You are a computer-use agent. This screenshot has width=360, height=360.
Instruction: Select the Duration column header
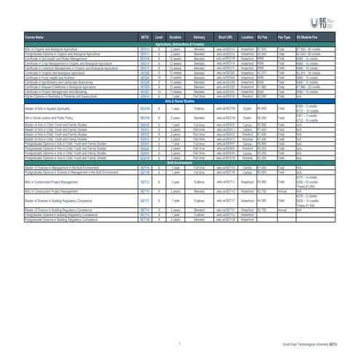point(175,36)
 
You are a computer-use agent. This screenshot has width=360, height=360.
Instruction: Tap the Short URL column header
point(225,36)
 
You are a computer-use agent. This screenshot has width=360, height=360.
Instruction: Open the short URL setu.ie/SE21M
point(225,108)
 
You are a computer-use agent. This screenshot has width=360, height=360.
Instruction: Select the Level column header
point(159,36)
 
